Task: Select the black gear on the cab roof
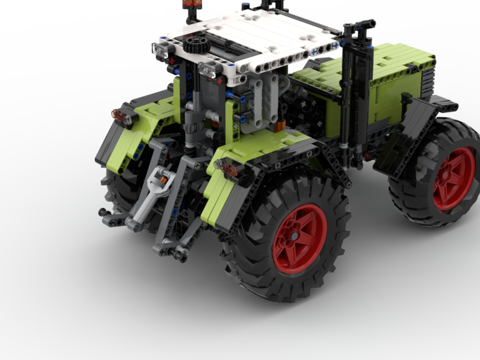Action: click(x=196, y=45)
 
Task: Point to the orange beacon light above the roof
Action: click(x=188, y=4)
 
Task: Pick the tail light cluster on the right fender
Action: click(x=228, y=168)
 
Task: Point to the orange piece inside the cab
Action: click(x=279, y=126)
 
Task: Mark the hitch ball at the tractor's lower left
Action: click(x=102, y=212)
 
